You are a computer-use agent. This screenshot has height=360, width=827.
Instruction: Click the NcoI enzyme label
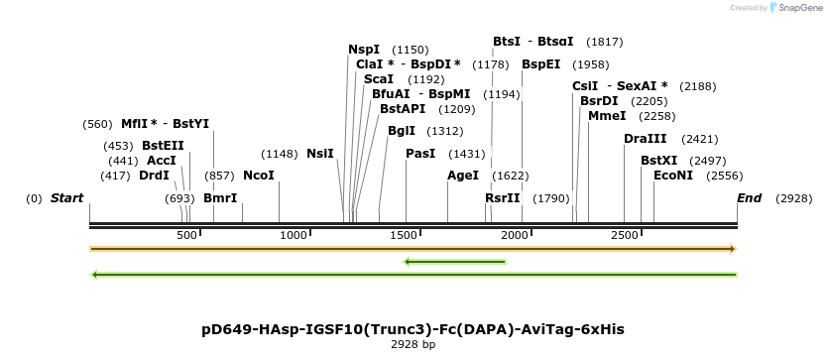click(259, 176)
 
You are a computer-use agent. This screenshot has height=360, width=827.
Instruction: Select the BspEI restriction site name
click(541, 64)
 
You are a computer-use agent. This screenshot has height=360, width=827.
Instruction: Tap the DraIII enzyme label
click(645, 139)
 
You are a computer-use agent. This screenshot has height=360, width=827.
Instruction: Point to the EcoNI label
click(673, 176)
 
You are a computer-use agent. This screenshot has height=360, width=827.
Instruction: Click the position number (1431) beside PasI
click(467, 154)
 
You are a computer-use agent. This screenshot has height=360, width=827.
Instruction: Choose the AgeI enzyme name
click(463, 176)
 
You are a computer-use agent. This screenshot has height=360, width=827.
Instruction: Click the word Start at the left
click(67, 198)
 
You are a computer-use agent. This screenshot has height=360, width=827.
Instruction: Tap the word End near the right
click(749, 198)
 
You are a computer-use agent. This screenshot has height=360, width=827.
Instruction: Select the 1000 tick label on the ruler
click(294, 235)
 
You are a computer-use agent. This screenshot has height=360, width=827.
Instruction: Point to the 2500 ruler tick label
click(625, 235)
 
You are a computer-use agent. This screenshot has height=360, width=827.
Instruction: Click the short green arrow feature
click(454, 262)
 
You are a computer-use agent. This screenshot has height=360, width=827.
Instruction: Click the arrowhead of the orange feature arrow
click(733, 249)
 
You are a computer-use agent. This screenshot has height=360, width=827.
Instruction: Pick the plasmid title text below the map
click(413, 330)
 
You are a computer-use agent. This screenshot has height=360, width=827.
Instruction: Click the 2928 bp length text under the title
click(413, 345)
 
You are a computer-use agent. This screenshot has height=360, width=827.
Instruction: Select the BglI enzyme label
click(402, 131)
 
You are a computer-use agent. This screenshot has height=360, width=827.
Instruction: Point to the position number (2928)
click(793, 199)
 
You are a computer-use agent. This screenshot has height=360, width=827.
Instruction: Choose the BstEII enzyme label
click(163, 146)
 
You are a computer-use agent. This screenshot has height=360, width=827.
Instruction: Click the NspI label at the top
click(363, 50)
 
